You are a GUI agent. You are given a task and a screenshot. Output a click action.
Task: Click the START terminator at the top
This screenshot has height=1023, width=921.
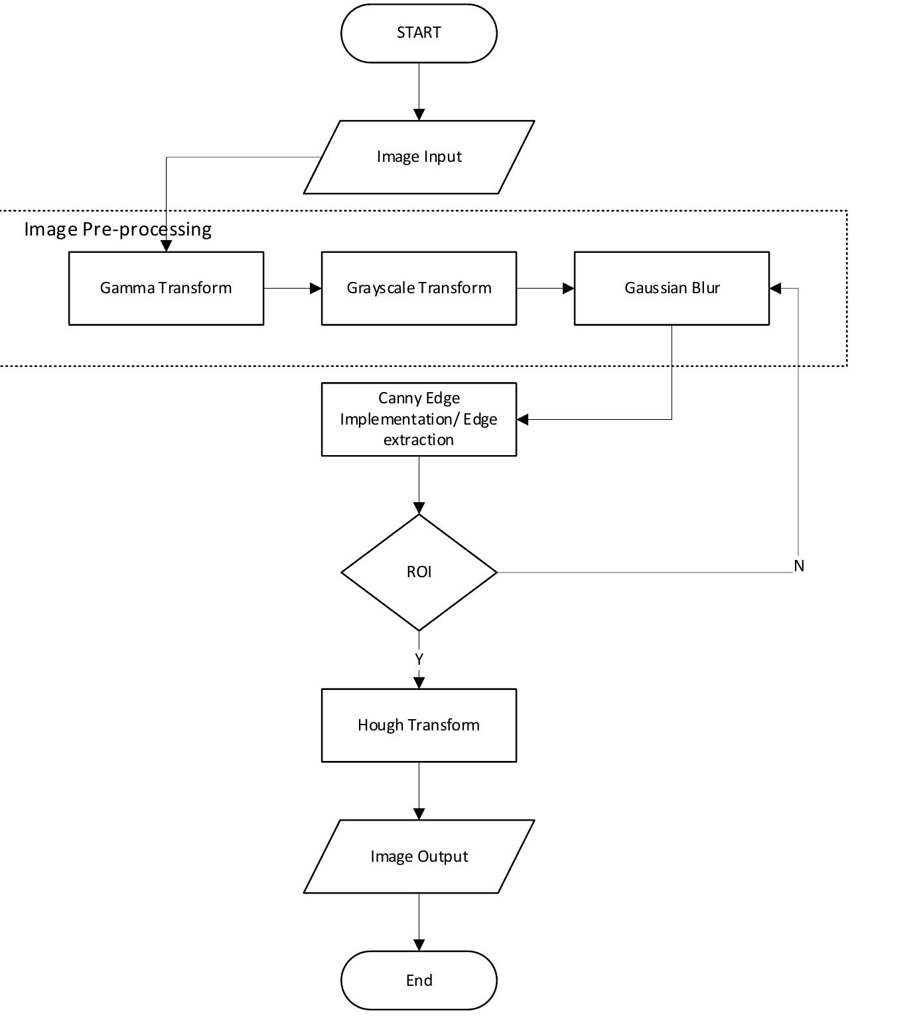(419, 33)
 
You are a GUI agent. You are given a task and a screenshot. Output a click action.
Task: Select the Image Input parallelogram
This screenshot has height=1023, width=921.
(419, 157)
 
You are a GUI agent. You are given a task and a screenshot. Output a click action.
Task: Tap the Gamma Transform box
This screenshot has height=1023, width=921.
(166, 288)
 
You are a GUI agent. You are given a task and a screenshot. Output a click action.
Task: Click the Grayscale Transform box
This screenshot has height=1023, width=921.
(419, 288)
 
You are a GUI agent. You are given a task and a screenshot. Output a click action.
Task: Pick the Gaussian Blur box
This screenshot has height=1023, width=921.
(672, 288)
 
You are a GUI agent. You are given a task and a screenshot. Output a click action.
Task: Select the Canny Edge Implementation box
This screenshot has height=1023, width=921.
(419, 419)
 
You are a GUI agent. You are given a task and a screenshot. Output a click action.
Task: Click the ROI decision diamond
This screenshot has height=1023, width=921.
(419, 572)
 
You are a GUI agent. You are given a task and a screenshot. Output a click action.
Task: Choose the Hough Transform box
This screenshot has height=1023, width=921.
(419, 725)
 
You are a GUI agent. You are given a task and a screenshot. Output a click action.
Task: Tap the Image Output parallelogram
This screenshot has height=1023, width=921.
(419, 856)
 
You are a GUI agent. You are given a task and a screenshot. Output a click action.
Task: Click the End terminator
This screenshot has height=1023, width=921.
(419, 980)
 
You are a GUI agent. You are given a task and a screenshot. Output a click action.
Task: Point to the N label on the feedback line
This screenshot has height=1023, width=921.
(799, 566)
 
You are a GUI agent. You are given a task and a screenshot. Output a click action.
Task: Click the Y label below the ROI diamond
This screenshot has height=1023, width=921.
(419, 659)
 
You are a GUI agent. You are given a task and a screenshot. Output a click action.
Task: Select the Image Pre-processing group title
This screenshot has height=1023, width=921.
(118, 230)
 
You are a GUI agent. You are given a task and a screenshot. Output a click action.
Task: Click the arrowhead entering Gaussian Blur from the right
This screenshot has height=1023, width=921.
(775, 288)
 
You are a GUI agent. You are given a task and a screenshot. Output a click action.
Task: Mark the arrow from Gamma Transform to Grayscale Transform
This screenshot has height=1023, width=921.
(293, 288)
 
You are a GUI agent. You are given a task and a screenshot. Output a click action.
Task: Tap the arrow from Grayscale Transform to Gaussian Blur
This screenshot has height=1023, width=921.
(545, 288)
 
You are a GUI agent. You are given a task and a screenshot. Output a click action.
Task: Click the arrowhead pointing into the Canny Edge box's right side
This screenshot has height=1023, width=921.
(522, 419)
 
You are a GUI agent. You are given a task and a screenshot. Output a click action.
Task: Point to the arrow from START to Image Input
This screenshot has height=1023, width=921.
(419, 92)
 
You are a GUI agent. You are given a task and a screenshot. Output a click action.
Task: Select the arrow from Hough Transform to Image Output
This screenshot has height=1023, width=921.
(419, 791)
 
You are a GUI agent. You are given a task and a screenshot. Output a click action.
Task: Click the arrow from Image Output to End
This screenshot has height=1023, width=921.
(419, 922)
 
